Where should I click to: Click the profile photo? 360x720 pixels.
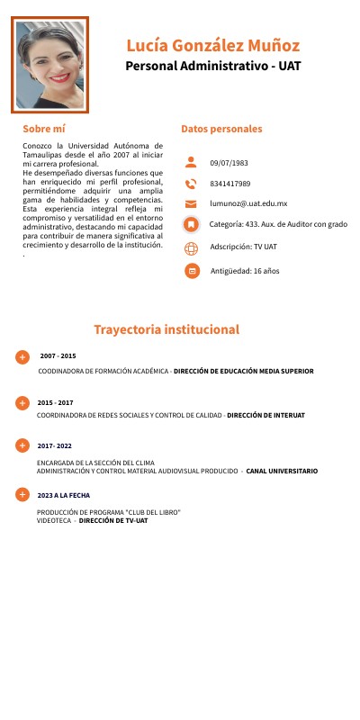point(51,64)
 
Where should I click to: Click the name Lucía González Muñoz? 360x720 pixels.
point(213,45)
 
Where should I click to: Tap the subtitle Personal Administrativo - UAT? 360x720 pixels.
point(213,66)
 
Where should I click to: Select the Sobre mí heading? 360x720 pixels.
point(44,129)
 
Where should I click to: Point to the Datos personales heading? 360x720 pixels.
point(221,129)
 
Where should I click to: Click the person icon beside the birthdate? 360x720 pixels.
point(190,163)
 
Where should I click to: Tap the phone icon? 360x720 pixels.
point(190,184)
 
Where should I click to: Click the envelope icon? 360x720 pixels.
point(190,204)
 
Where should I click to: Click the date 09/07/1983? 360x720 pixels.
point(229,163)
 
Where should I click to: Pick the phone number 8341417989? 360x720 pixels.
point(230,184)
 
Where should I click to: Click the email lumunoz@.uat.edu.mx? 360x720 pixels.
point(248,204)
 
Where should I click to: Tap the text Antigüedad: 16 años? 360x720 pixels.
point(245,271)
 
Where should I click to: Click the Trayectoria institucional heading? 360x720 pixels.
point(166,329)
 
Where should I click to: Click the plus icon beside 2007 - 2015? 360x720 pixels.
point(22,357)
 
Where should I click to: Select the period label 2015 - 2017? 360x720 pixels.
point(56,402)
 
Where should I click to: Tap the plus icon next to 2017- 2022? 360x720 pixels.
point(22,445)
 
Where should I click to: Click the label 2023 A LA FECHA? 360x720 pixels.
point(63,495)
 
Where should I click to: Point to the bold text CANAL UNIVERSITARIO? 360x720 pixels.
point(282,471)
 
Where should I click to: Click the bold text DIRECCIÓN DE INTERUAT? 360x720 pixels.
point(265,416)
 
